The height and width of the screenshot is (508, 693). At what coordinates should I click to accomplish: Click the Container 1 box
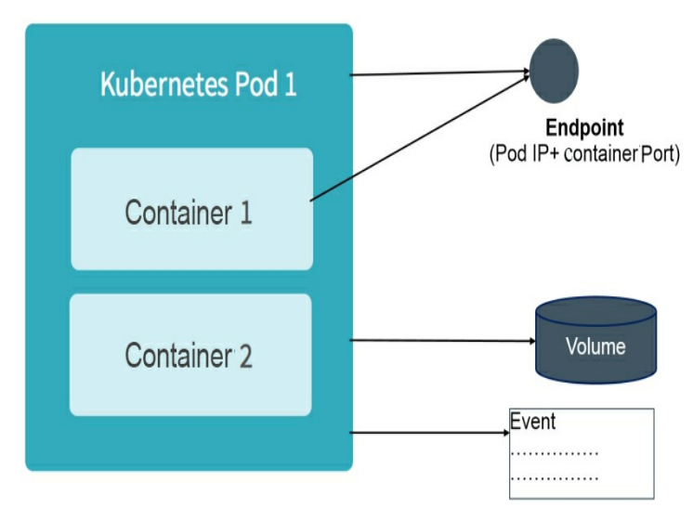point(191,210)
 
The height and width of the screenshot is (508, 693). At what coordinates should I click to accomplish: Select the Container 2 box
point(190,355)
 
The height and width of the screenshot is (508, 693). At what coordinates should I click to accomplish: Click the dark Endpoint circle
point(555,72)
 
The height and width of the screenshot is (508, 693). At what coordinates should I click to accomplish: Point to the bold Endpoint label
point(584,128)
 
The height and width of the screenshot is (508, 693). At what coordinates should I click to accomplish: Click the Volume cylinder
point(595,342)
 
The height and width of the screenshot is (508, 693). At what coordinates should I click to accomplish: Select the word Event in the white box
point(533,422)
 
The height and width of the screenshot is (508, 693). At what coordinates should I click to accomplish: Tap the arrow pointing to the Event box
point(427,433)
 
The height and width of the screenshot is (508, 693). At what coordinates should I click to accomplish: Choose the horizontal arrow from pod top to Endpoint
point(437,73)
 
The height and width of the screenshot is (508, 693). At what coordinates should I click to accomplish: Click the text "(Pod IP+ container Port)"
point(584,153)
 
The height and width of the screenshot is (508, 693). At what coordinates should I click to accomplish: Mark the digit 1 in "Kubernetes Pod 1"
point(290,85)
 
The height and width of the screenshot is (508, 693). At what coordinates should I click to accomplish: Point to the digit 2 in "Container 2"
point(244,356)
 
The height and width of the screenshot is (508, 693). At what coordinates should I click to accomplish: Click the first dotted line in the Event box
point(555,454)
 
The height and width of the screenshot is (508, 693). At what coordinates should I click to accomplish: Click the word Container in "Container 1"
point(177,212)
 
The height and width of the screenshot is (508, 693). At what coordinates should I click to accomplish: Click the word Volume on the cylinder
point(595,347)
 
